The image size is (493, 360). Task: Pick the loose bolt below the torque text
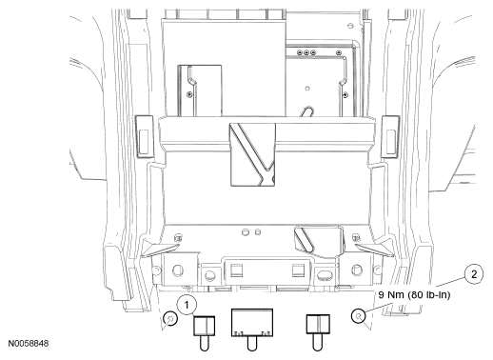point(359,316)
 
